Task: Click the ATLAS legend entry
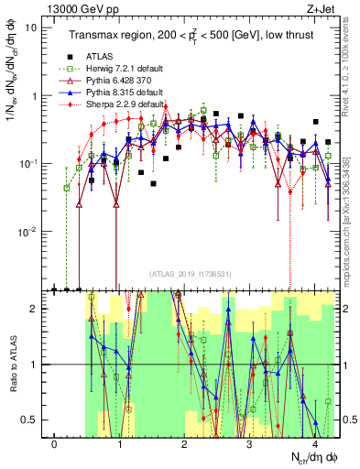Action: [x=102, y=55]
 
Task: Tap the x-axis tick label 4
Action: [x=315, y=443]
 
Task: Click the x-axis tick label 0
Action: [x=55, y=443]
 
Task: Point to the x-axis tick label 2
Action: [x=185, y=443]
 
